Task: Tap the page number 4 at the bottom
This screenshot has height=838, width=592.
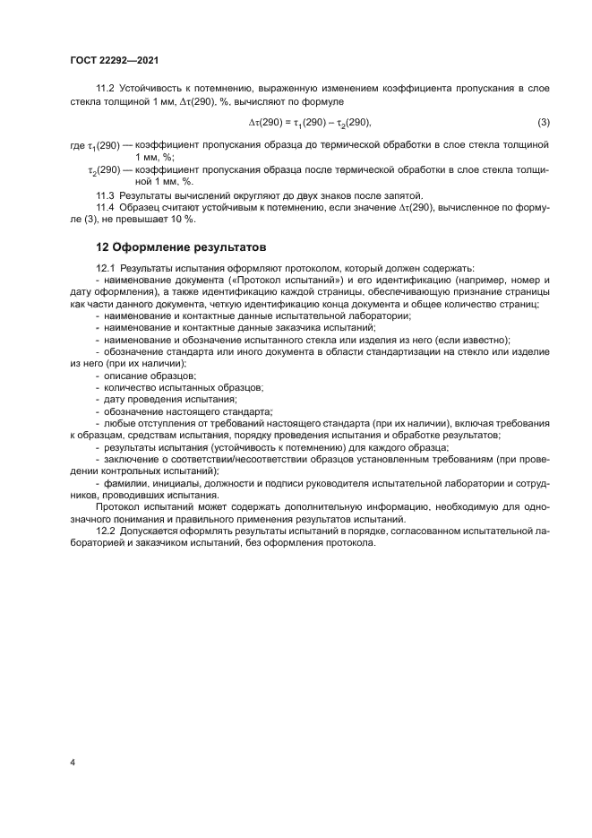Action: pyautogui.click(x=72, y=762)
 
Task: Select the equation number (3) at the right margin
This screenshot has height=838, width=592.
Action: pyautogui.click(x=544, y=121)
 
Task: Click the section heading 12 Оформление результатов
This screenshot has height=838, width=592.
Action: pyautogui.click(x=180, y=246)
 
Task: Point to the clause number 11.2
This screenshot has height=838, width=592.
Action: pyautogui.click(x=105, y=87)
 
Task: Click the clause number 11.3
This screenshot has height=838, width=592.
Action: pyautogui.click(x=105, y=194)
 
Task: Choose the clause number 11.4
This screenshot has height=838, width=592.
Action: pyautogui.click(x=105, y=207)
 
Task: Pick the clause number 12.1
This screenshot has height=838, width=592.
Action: pyautogui.click(x=105, y=268)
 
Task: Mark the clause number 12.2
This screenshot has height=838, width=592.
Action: pyautogui.click(x=105, y=531)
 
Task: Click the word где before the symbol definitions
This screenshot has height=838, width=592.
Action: pyautogui.click(x=76, y=145)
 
